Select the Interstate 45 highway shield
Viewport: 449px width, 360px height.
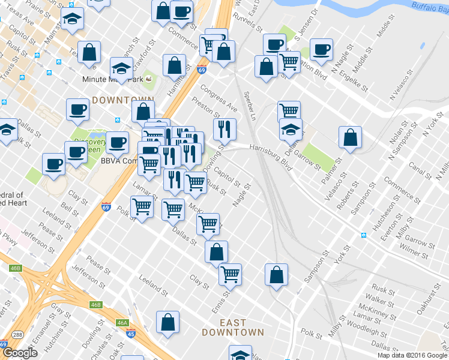pyautogui.click(x=130, y=334)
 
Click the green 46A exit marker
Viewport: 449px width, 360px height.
pyautogui.click(x=122, y=323)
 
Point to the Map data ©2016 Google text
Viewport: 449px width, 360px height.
pyautogui.click(x=412, y=355)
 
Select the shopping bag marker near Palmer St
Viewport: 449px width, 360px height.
pyautogui.click(x=350, y=137)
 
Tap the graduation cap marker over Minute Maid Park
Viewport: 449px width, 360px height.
pyautogui.click(x=121, y=68)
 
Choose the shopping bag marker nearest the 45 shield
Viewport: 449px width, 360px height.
pyautogui.click(x=167, y=322)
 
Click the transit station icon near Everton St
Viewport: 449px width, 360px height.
pyautogui.click(x=364, y=233)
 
